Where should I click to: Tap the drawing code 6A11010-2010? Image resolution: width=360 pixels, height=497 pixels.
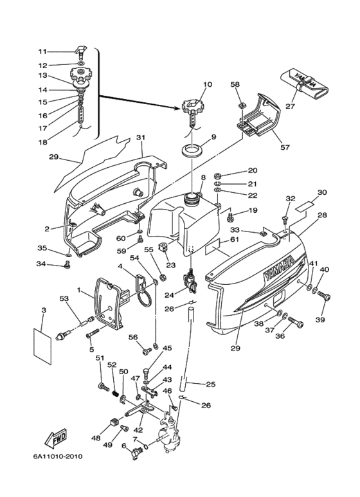tap(58, 456)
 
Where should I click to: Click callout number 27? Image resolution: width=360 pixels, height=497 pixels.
tap(291, 106)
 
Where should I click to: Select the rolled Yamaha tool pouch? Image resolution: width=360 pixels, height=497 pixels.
tap(303, 84)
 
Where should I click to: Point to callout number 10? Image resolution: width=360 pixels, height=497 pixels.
tap(208, 85)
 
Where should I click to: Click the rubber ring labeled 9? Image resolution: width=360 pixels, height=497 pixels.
tap(194, 149)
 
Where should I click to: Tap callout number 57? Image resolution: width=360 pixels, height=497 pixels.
tap(285, 147)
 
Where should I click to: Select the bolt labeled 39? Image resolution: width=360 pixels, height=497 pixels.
tap(324, 296)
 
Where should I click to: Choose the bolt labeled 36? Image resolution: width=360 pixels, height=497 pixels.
tap(296, 323)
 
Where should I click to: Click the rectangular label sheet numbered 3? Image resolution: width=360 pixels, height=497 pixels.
tap(42, 346)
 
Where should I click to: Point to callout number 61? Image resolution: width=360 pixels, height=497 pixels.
tap(235, 240)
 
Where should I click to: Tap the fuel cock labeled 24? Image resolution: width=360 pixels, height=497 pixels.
tap(190, 280)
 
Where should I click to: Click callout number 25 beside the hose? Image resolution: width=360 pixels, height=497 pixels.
tap(210, 384)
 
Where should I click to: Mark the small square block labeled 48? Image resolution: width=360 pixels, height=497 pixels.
tap(114, 422)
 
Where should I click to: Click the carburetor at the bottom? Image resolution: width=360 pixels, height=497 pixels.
tap(170, 434)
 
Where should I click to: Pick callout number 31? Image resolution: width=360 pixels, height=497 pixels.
tap(141, 138)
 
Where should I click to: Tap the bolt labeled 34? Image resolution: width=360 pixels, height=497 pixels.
tap(67, 264)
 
